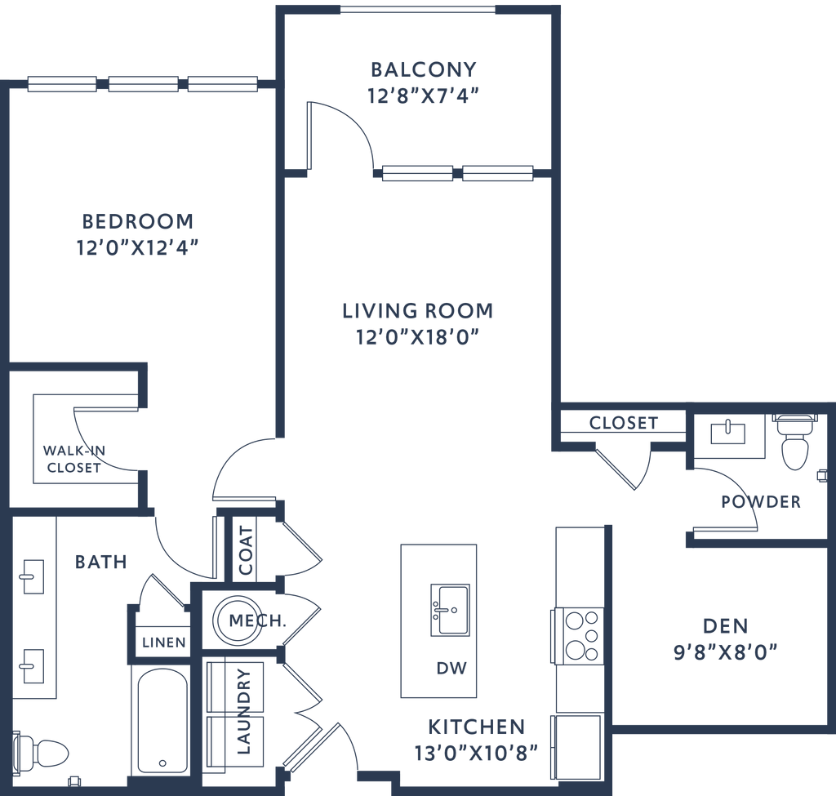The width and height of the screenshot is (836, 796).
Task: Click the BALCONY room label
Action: click(x=423, y=69)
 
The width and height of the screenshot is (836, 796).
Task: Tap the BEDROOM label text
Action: click(x=138, y=221)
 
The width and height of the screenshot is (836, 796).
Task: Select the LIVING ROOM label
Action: click(x=417, y=311)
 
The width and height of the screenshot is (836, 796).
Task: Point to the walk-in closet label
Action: click(x=73, y=458)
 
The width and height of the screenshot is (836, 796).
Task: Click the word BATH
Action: click(x=101, y=562)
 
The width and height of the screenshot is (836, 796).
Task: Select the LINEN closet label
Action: click(x=163, y=643)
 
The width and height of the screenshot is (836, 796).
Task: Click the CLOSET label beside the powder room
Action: click(x=623, y=423)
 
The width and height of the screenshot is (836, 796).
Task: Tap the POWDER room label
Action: click(x=760, y=501)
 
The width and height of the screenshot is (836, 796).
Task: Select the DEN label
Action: click(x=725, y=626)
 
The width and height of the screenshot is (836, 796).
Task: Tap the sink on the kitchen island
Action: click(x=447, y=607)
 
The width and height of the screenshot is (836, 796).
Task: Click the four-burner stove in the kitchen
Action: click(x=579, y=635)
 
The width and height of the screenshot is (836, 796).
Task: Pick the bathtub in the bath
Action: click(x=163, y=718)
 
